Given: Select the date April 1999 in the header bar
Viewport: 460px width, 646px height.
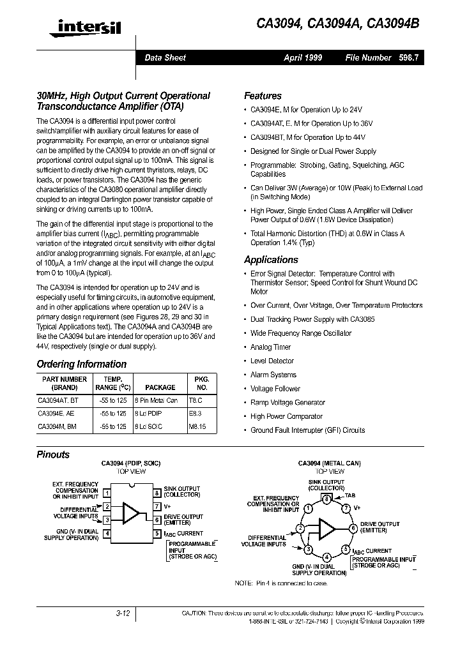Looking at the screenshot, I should click(x=303, y=57).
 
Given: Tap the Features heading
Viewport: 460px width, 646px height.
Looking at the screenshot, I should click(x=263, y=96).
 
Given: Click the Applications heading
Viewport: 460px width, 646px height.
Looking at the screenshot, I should click(x=271, y=260).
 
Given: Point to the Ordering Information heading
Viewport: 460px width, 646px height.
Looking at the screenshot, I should click(x=81, y=364).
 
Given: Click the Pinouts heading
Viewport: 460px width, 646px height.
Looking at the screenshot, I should click(x=53, y=455).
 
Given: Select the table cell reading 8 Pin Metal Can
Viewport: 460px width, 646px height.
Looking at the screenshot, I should click(x=156, y=400).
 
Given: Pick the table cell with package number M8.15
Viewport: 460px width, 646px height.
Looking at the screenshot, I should click(x=196, y=426).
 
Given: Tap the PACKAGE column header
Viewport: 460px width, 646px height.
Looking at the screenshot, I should click(x=160, y=387).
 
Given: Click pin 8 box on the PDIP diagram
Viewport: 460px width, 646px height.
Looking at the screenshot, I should click(x=157, y=493).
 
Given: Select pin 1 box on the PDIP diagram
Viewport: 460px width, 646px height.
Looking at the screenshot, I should click(x=107, y=493).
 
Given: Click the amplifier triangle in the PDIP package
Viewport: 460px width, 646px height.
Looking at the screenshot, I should click(x=131, y=513).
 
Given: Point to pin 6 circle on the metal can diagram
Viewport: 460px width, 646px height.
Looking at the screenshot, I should click(x=353, y=528).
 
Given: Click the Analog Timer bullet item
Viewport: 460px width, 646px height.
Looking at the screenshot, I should click(x=270, y=347).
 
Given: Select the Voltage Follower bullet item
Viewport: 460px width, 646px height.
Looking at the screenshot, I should click(x=275, y=389).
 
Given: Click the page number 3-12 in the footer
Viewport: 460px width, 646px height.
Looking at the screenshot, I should click(x=123, y=613).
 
